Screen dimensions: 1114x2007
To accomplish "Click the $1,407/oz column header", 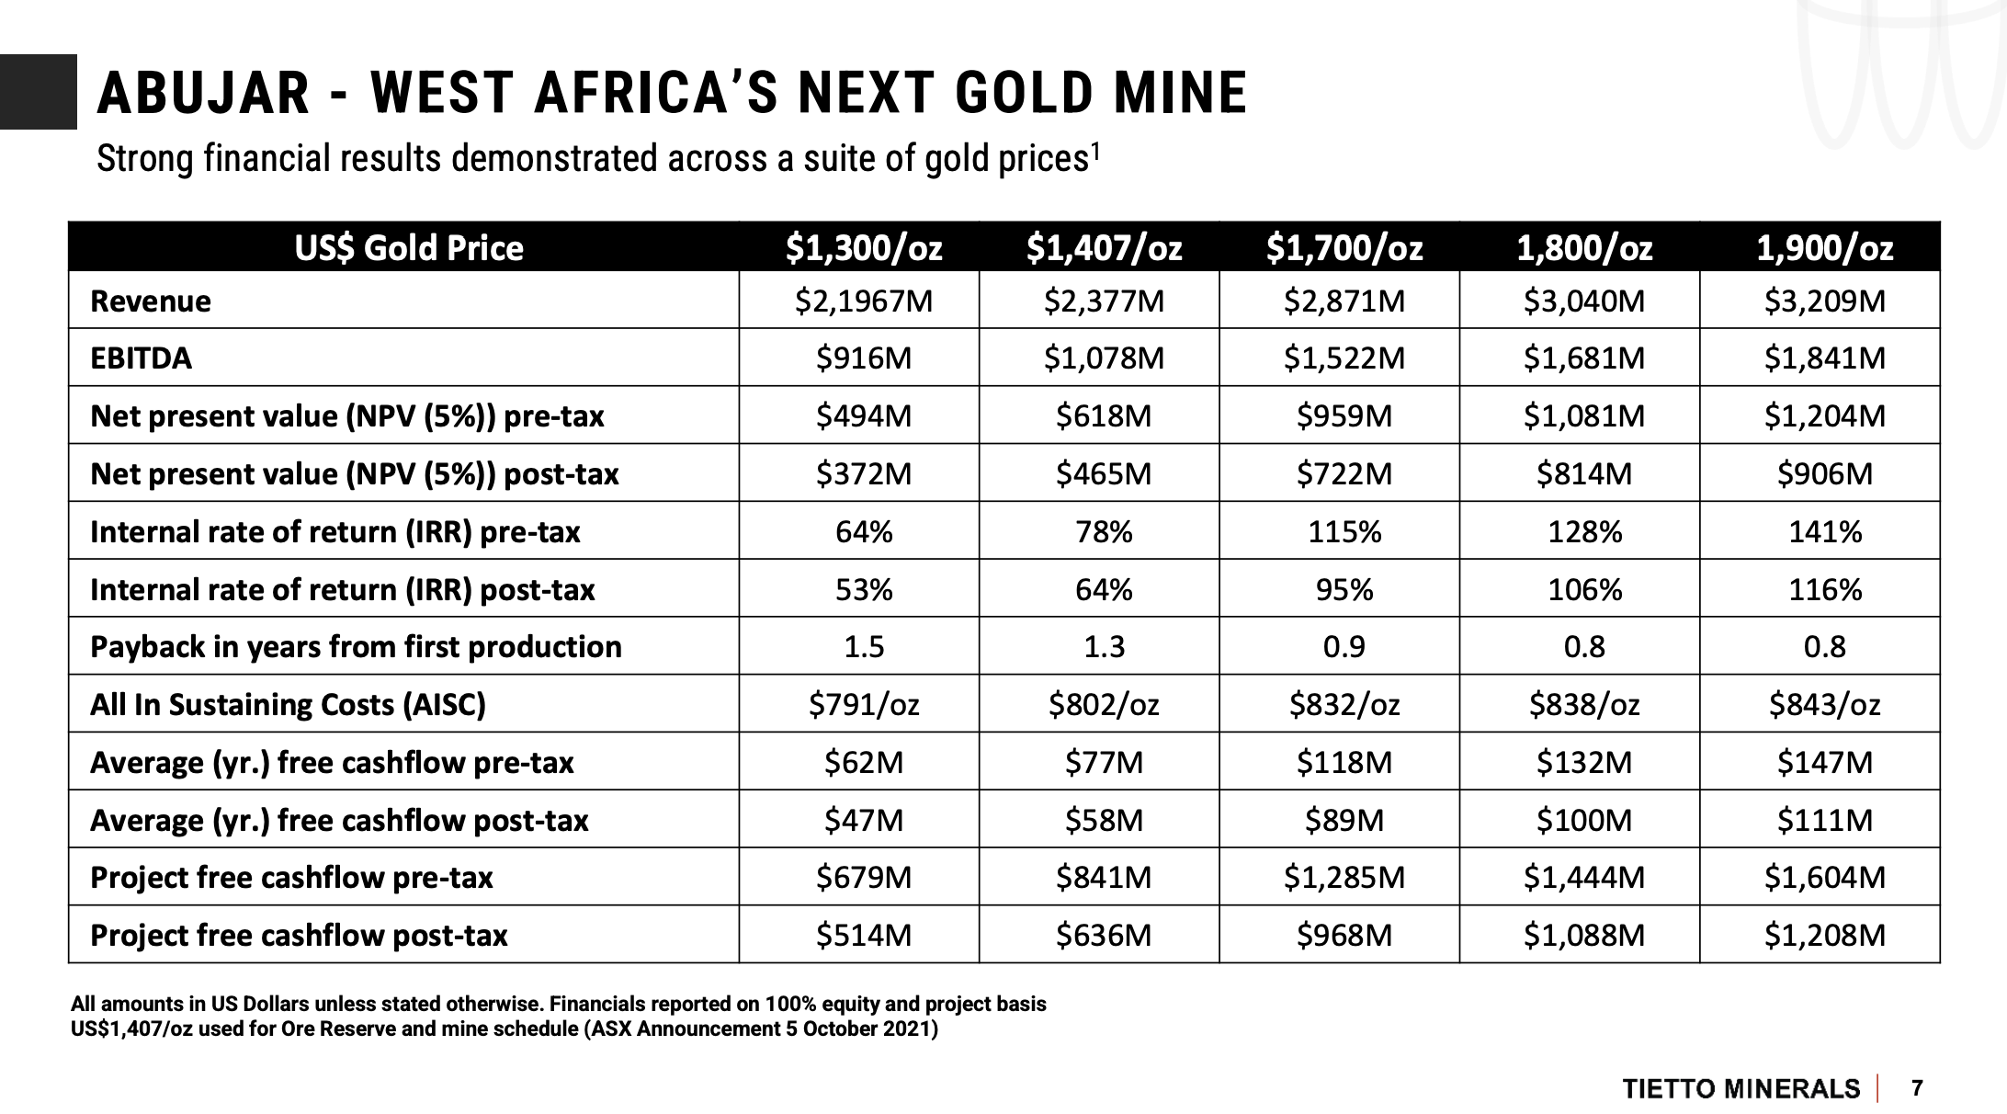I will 1104,248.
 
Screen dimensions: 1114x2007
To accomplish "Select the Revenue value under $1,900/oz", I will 1824,301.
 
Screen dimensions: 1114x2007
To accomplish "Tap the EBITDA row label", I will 142,358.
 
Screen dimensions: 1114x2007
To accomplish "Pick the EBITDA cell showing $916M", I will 864,358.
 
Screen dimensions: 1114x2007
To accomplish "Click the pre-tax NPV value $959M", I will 1344,416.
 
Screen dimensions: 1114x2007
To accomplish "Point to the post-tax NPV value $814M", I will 1584,474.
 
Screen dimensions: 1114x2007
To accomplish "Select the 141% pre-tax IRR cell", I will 1824,532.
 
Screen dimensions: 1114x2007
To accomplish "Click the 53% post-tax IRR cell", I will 864,589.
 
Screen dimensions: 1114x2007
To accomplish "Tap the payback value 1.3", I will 1104,647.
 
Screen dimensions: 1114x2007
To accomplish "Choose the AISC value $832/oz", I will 1344,705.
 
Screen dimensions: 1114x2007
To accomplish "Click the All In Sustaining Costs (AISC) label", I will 288,705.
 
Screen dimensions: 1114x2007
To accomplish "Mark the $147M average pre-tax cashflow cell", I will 1824,763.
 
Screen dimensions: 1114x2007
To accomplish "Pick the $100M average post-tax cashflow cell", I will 1584,820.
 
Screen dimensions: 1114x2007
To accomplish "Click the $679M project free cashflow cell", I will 864,878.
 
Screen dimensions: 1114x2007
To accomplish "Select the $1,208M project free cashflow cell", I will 1824,936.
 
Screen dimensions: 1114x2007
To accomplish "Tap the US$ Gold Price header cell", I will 408,248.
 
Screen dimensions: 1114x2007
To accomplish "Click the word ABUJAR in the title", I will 203,94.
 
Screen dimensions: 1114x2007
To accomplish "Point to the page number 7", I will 1917,1088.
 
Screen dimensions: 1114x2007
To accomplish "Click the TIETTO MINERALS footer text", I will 1741,1089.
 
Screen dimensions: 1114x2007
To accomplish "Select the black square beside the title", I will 39,92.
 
